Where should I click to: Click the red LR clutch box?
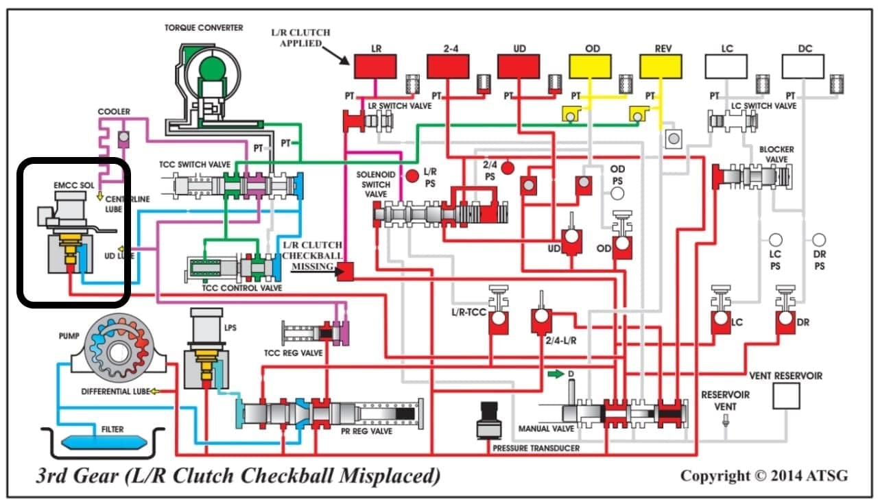(x=375, y=66)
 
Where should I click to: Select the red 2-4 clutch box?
(x=448, y=66)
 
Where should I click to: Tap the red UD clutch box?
(x=519, y=66)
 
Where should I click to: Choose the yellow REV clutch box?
(x=661, y=66)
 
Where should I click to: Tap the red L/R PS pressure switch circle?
(x=412, y=176)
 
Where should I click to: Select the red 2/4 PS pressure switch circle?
(x=508, y=167)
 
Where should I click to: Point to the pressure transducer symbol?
(x=489, y=419)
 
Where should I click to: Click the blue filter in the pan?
(x=101, y=441)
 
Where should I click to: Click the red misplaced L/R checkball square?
(x=344, y=272)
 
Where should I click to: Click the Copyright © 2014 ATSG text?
(x=763, y=475)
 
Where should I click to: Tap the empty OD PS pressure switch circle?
(x=617, y=193)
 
